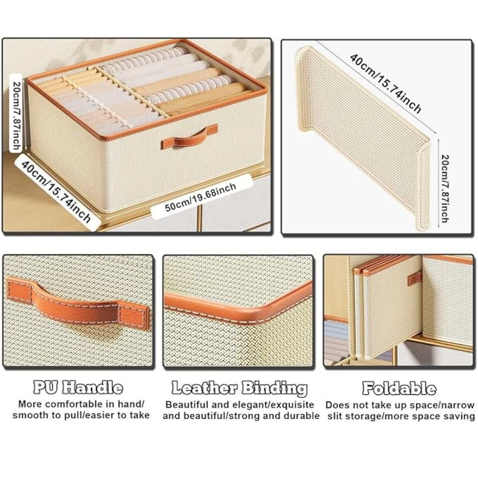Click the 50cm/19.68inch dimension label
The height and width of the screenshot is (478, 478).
click(200, 197)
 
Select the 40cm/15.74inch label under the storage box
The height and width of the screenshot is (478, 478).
click(56, 192)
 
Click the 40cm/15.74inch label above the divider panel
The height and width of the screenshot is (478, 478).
click(385, 83)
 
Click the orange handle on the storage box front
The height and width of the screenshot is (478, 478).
click(189, 137)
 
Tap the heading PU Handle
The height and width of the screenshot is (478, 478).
click(78, 387)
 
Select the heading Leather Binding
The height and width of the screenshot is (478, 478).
click(239, 389)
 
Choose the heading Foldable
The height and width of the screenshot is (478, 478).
click(399, 388)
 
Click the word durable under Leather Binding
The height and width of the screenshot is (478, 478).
click(302, 416)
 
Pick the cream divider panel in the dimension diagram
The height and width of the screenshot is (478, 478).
click(363, 137)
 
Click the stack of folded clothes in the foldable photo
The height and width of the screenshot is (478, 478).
click(336, 339)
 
